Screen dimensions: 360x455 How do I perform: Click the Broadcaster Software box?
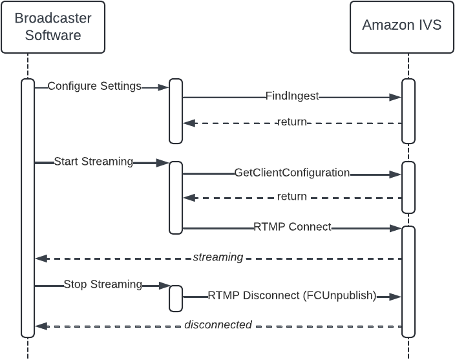click(53, 27)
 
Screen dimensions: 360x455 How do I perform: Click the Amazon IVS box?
click(401, 27)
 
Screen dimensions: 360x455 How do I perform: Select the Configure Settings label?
click(94, 87)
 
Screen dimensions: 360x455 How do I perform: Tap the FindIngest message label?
click(292, 96)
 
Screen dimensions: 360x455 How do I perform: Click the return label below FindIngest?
click(291, 122)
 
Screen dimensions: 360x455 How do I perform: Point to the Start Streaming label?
click(93, 162)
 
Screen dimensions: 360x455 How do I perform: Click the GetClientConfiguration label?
click(292, 173)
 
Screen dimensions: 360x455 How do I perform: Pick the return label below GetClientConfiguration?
click(291, 196)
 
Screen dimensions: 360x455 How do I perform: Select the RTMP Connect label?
click(292, 227)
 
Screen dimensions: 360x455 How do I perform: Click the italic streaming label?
click(218, 257)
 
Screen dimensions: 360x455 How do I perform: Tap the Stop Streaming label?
click(103, 284)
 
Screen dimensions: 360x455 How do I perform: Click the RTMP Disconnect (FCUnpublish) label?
click(292, 296)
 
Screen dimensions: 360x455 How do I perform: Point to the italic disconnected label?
click(218, 325)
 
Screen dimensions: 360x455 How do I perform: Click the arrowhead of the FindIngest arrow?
click(396, 97)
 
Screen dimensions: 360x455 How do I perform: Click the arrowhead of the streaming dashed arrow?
click(41, 259)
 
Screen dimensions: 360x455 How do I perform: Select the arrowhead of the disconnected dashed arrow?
click(41, 326)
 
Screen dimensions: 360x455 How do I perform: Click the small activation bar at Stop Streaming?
click(176, 297)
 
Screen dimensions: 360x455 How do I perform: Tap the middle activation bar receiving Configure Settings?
click(176, 111)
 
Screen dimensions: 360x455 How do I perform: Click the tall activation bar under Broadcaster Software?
click(27, 207)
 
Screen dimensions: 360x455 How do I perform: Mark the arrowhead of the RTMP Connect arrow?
click(396, 228)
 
